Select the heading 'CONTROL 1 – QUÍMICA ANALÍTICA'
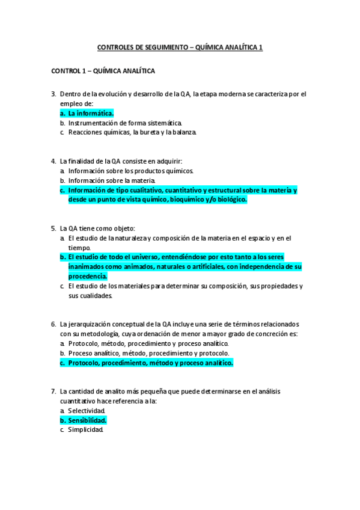103,71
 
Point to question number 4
53,161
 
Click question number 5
53,229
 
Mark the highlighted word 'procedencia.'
88,276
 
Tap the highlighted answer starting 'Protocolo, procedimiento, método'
150,363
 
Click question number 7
53,392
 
